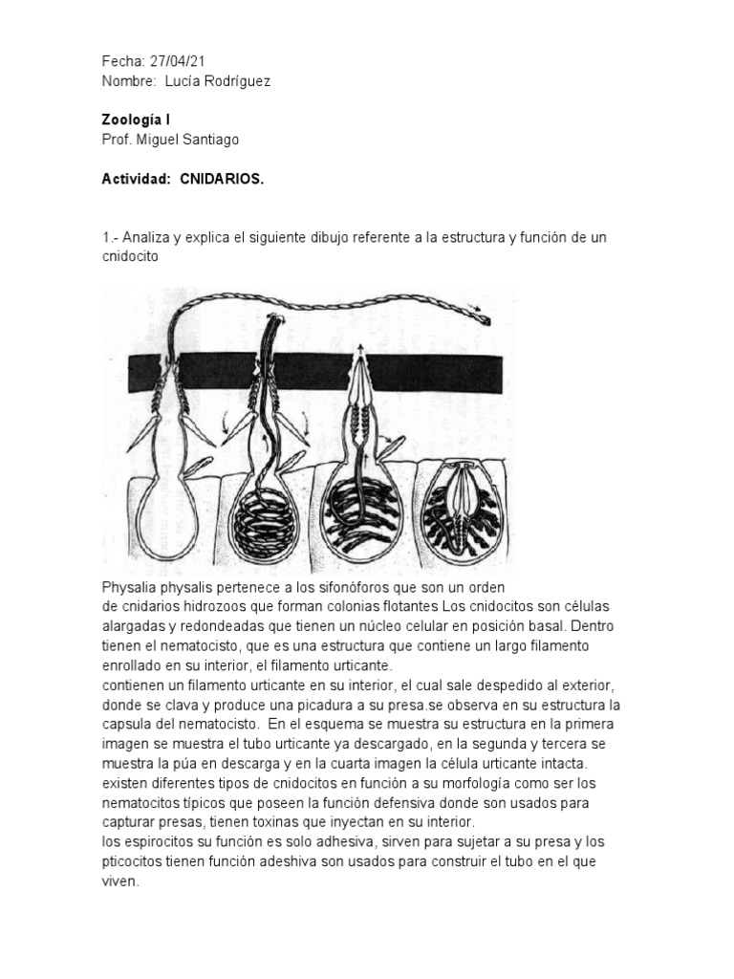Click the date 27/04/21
point(178,62)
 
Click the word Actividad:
point(136,179)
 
